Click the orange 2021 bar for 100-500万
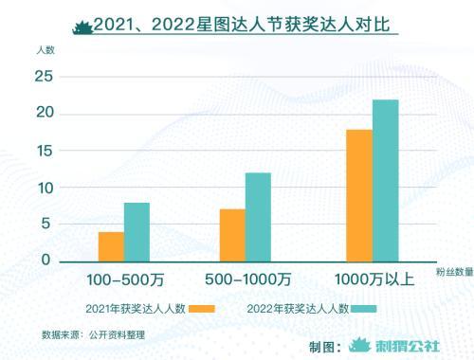pyautogui.click(x=111, y=246)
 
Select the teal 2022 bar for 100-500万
pyautogui.click(x=137, y=232)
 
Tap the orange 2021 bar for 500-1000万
pyautogui.click(x=232, y=235)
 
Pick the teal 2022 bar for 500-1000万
pyautogui.click(x=258, y=217)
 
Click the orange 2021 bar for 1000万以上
pyautogui.click(x=359, y=195)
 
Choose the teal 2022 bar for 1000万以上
pyautogui.click(x=385, y=180)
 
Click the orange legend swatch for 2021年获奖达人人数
pyautogui.click(x=202, y=309)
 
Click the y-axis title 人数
pyautogui.click(x=46, y=48)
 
